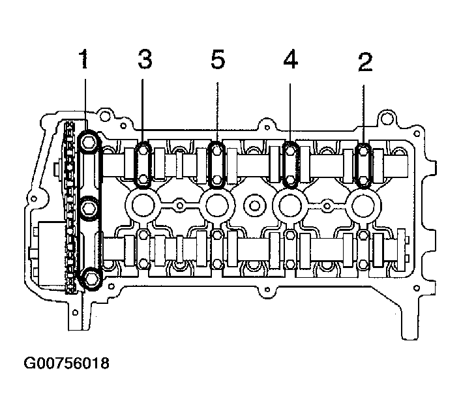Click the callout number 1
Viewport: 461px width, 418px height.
click(x=85, y=59)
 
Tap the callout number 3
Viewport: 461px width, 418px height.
click(x=145, y=59)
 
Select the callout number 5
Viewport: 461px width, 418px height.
click(x=218, y=59)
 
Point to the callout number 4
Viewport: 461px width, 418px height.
click(x=290, y=59)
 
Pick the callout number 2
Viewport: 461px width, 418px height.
click(x=365, y=62)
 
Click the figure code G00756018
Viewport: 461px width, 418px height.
click(x=67, y=363)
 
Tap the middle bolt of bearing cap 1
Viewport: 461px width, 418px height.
click(x=89, y=207)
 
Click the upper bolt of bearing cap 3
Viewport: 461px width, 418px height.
click(x=143, y=151)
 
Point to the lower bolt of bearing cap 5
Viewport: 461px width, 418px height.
click(x=217, y=179)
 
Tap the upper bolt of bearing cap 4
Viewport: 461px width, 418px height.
click(x=290, y=151)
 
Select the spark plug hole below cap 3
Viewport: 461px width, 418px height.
click(x=143, y=205)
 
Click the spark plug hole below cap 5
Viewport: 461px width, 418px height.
click(x=217, y=205)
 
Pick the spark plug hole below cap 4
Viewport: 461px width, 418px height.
click(x=290, y=205)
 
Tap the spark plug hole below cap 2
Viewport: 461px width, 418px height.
click(x=364, y=205)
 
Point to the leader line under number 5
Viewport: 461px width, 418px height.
click(x=218, y=112)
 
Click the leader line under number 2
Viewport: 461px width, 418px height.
click(x=364, y=115)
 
